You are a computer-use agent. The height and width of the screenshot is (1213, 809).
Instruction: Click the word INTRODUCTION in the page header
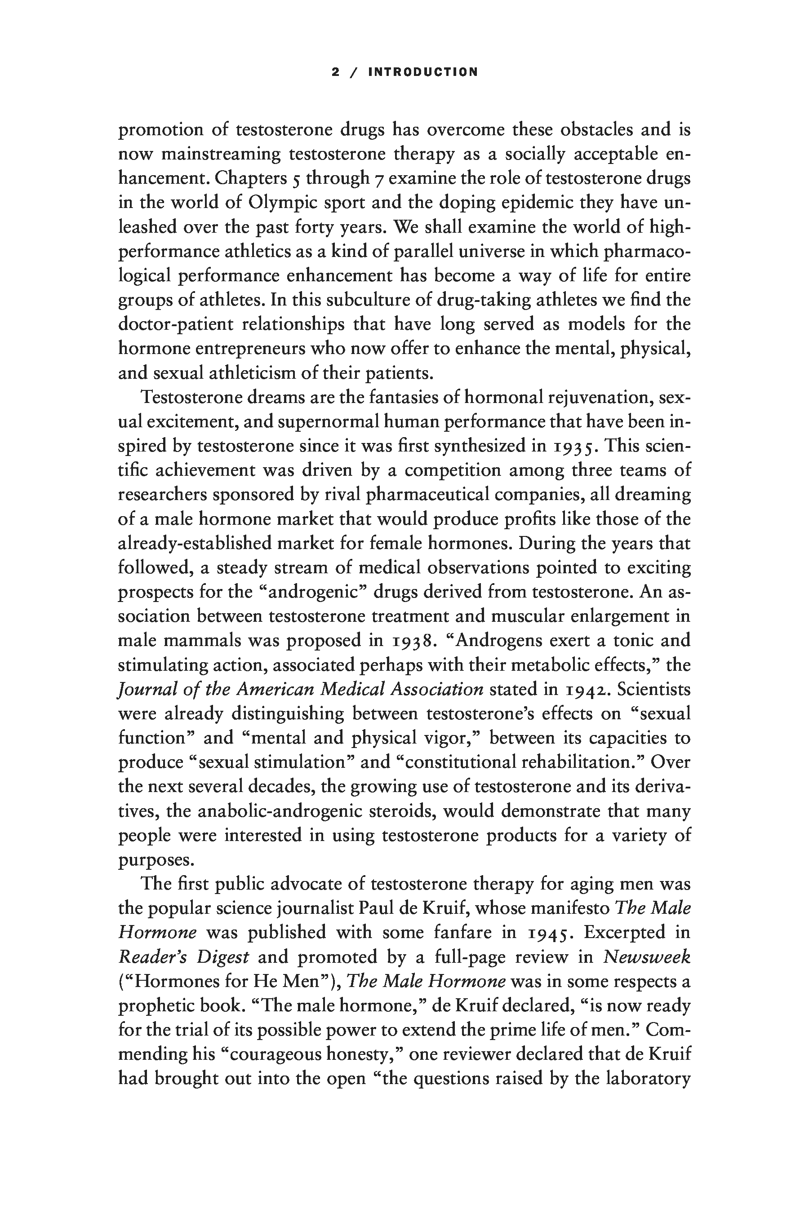point(423,72)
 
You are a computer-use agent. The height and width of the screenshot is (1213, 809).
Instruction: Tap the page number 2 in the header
point(335,72)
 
